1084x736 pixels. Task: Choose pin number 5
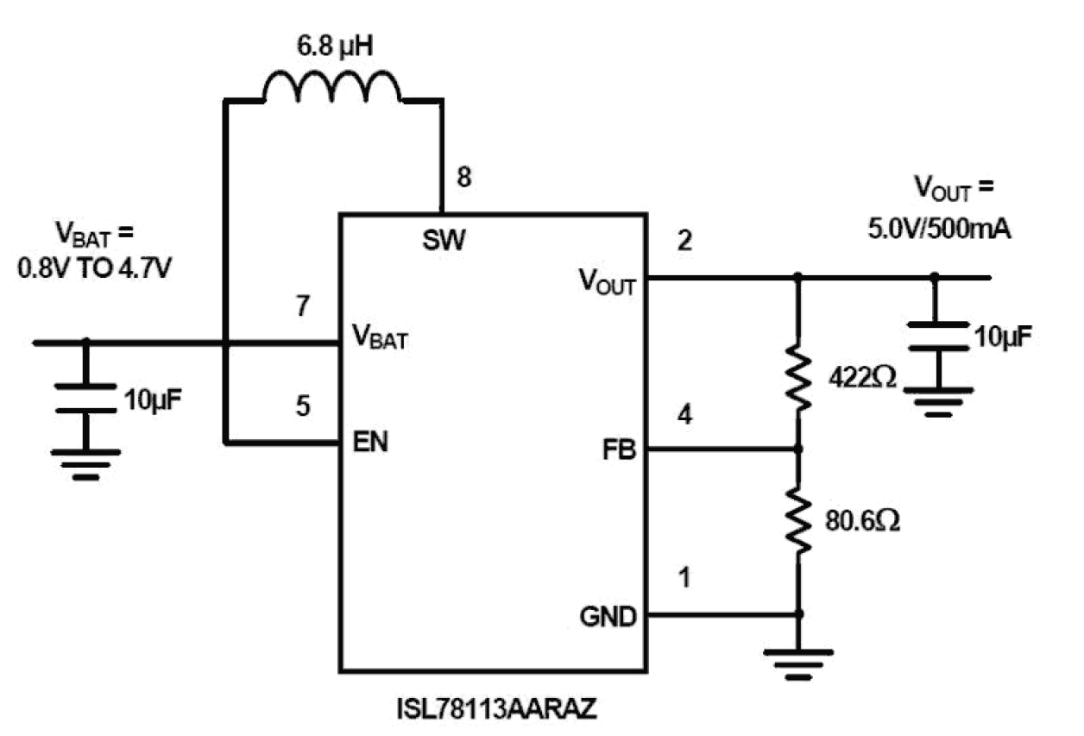point(302,406)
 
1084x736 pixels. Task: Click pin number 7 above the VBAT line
point(302,306)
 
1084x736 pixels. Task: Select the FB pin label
point(619,450)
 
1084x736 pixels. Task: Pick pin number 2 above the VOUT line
point(685,242)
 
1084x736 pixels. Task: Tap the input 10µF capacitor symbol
point(85,398)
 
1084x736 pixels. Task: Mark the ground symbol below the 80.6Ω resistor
point(798,657)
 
